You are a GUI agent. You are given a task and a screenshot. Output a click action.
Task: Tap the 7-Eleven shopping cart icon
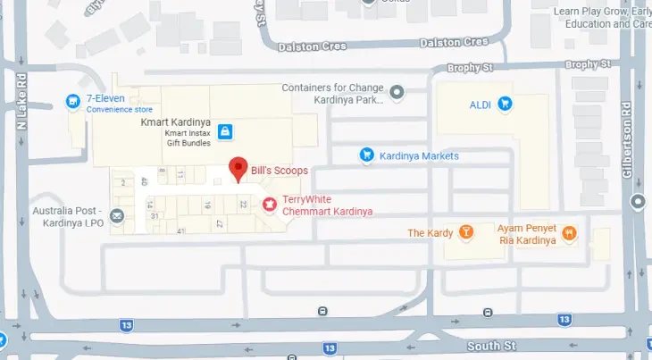(73, 104)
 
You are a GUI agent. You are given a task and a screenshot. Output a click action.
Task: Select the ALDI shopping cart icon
(506, 105)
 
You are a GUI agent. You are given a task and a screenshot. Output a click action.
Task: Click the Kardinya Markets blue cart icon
(365, 155)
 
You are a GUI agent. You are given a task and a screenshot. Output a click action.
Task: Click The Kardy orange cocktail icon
(464, 233)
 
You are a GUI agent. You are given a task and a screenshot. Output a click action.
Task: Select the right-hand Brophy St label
(588, 65)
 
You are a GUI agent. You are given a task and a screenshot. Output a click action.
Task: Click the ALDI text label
(481, 105)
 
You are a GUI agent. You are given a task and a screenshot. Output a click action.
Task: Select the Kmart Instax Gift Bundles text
(185, 138)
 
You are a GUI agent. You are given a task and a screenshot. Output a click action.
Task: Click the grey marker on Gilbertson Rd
(637, 203)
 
